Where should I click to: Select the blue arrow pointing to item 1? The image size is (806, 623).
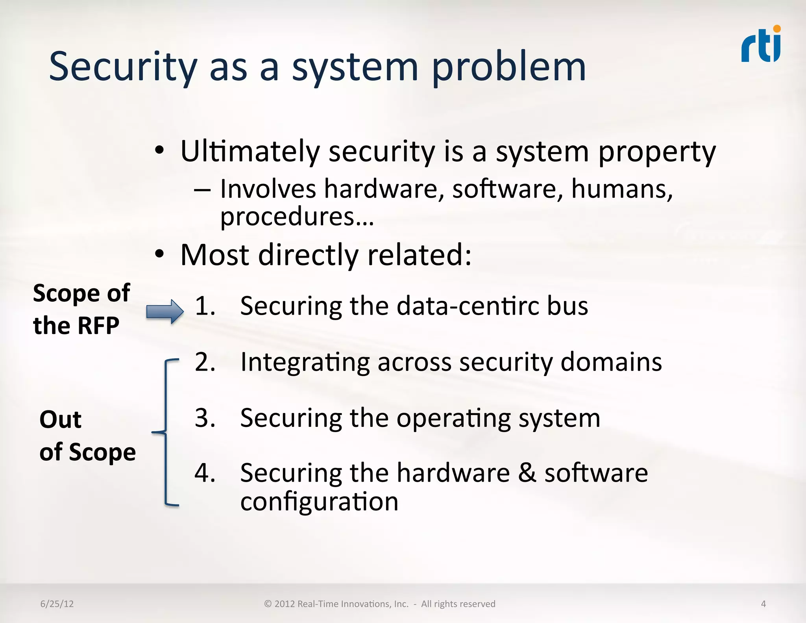[165, 311]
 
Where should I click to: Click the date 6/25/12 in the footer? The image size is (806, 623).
[57, 604]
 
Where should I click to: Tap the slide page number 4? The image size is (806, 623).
[763, 604]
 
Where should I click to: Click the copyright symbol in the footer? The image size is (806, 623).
[268, 604]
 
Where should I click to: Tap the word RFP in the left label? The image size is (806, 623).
[98, 326]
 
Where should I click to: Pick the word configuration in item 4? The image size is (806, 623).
[319, 502]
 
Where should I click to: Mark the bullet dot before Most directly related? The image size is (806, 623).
[159, 254]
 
